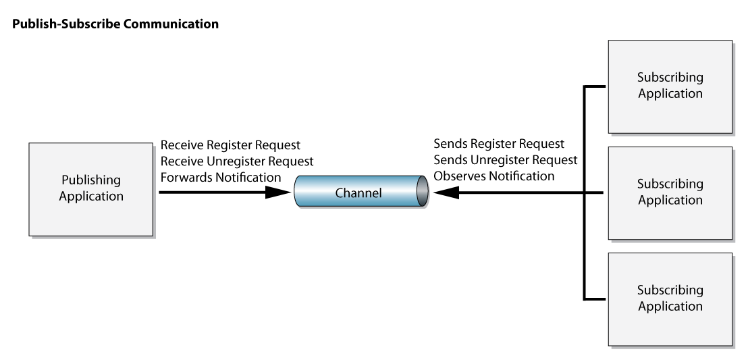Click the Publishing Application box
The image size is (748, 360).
click(x=90, y=189)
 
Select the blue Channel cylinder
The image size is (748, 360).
click(x=360, y=191)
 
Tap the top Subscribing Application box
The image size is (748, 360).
click(x=670, y=86)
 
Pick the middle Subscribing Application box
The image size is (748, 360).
click(x=670, y=193)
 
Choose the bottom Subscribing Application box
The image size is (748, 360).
click(x=670, y=299)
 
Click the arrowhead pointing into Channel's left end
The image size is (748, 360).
click(x=277, y=192)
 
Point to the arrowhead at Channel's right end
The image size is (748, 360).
click(x=446, y=192)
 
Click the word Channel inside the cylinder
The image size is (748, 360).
click(x=358, y=193)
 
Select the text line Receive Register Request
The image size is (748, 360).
click(x=230, y=145)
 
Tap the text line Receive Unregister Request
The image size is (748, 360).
click(x=237, y=161)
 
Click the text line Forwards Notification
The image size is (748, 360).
click(x=221, y=178)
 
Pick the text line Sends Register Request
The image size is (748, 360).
click(x=499, y=144)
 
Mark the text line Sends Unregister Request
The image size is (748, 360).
click(x=506, y=160)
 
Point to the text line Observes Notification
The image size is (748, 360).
click(x=494, y=176)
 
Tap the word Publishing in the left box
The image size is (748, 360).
click(x=91, y=180)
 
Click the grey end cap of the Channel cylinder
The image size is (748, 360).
click(x=422, y=191)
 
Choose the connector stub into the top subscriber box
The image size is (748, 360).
click(x=595, y=86)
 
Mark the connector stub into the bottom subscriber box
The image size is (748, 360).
click(x=595, y=299)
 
